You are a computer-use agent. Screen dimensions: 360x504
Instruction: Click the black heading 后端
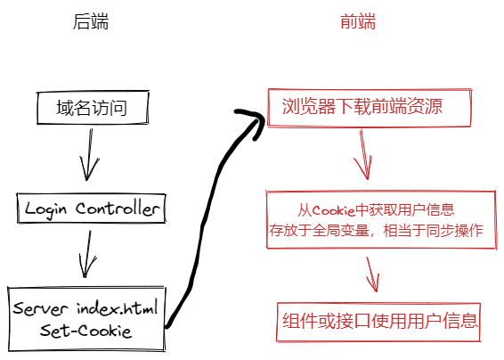pyautogui.click(x=90, y=22)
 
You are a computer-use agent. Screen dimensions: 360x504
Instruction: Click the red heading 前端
pyautogui.click(x=358, y=22)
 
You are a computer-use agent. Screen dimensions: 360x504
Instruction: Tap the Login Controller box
pyautogui.click(x=91, y=209)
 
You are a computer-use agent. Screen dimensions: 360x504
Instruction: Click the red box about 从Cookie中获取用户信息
pyautogui.click(x=377, y=220)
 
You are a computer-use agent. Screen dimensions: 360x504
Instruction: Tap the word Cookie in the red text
pyautogui.click(x=336, y=210)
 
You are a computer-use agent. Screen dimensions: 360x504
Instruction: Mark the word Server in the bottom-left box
pyautogui.click(x=41, y=309)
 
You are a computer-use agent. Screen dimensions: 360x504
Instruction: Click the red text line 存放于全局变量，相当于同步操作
pyautogui.click(x=377, y=230)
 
